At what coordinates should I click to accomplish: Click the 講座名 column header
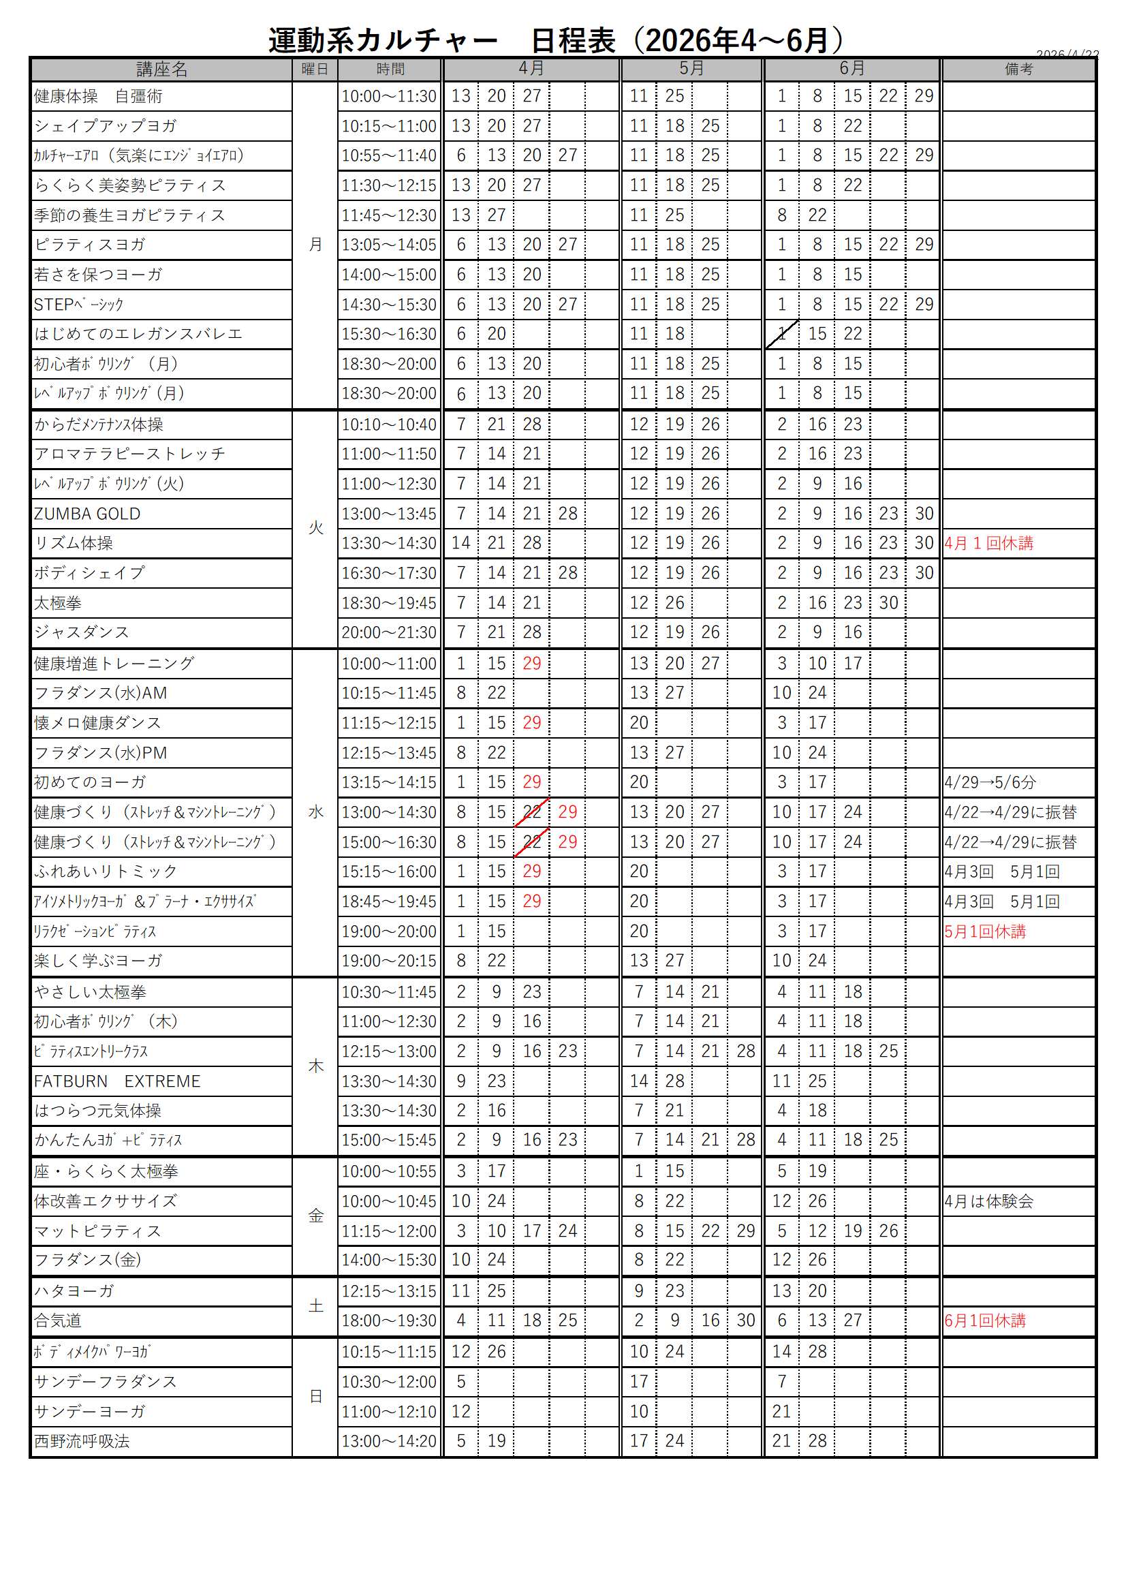161,69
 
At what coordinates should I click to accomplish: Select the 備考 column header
1018,69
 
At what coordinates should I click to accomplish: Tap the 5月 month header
691,69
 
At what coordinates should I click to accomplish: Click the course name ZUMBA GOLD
87,514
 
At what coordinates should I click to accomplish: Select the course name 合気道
58,1321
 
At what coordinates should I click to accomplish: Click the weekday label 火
315,529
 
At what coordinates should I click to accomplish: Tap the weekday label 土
315,1306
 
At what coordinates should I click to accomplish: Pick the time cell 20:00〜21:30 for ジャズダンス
389,633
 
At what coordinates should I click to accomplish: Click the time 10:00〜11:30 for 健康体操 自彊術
389,97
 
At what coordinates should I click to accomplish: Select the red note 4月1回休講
988,543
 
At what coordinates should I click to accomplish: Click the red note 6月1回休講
985,1321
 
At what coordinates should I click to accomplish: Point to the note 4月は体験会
988,1202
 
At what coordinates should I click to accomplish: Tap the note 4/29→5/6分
990,783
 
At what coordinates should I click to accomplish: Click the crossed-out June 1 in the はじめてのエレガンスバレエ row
782,335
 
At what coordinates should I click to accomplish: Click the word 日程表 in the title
573,41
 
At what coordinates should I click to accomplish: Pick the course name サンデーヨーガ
90,1412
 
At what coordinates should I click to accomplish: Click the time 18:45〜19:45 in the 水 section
389,902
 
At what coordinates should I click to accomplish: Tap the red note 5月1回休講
985,932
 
